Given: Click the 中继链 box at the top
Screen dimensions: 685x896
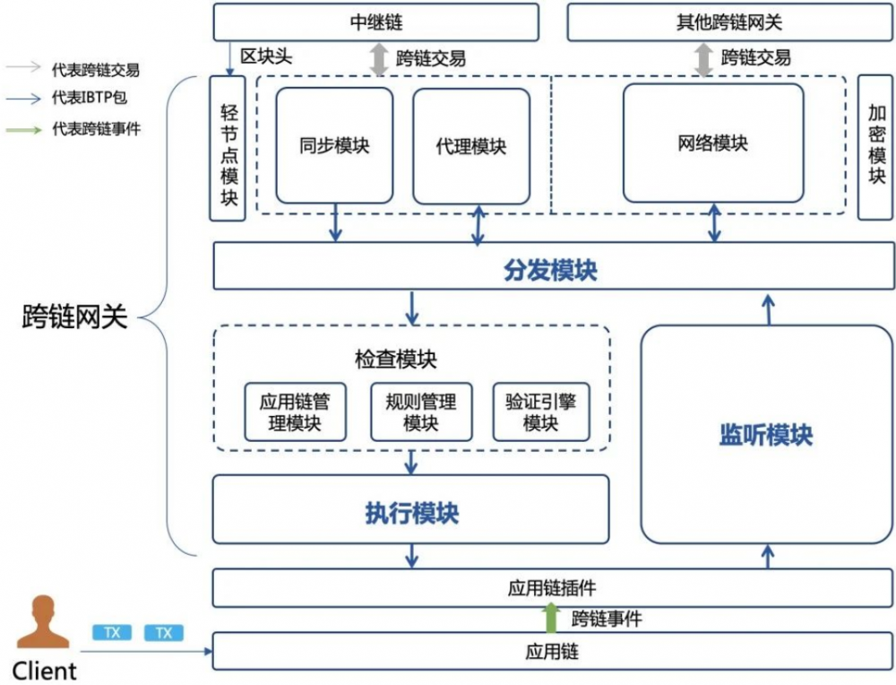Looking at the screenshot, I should (375, 22).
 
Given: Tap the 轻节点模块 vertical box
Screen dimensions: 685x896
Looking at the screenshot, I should (228, 148).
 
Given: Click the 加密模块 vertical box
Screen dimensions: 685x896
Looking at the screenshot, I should (876, 148).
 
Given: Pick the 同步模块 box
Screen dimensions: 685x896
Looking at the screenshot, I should (334, 145).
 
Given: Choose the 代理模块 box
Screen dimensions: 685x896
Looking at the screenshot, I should (470, 145).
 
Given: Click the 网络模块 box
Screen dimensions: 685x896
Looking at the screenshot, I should (713, 143).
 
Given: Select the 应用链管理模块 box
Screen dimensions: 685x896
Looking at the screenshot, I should (295, 412).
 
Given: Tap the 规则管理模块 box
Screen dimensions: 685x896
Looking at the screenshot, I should (420, 412).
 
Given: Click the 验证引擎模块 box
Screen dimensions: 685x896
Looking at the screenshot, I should (540, 412).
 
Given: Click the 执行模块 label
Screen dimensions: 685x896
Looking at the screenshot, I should (411, 513).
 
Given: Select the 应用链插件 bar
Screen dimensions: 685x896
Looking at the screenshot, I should (551, 588).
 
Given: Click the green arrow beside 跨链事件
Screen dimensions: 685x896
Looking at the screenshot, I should (551, 618).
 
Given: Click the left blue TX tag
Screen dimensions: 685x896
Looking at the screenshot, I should (112, 633).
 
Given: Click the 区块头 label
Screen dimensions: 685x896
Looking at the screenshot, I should (267, 56).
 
